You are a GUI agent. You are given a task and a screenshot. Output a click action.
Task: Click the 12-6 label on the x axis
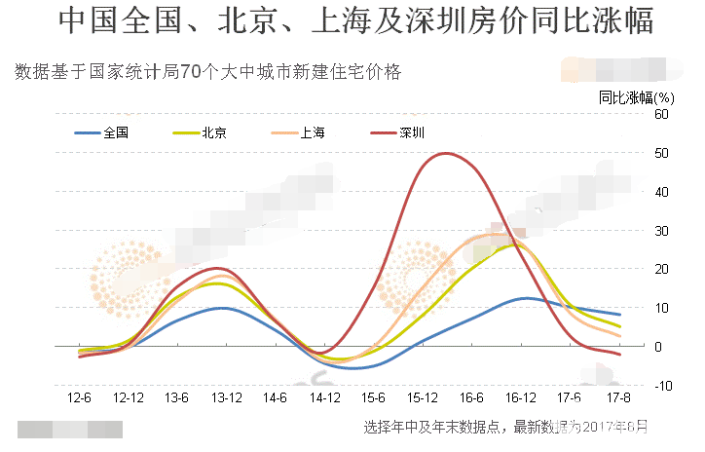[80, 398]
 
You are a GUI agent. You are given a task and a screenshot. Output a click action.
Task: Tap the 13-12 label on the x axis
[226, 398]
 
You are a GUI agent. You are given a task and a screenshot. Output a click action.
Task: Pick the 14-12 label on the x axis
[325, 398]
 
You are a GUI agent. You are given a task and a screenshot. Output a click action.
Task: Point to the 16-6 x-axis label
[472, 398]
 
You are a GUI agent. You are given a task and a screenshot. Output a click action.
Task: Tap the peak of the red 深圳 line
[444, 153]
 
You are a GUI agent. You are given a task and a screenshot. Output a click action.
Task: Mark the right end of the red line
[620, 355]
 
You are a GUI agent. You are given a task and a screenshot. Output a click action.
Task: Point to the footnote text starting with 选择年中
[504, 427]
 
